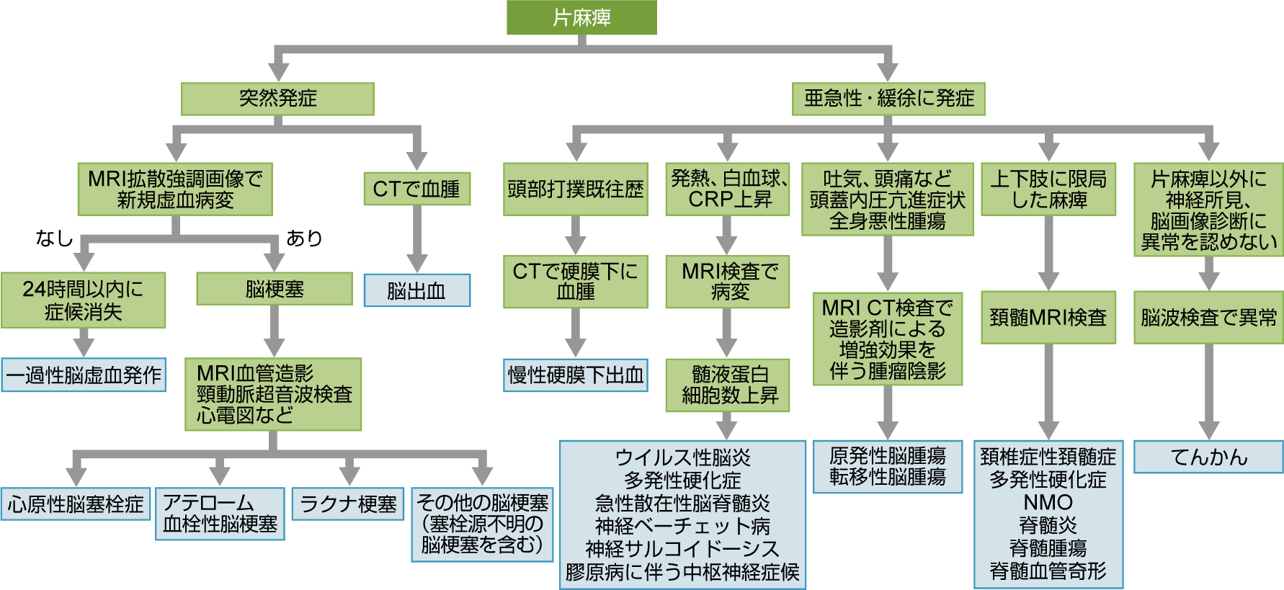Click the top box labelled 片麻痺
click(581, 17)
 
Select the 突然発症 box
click(277, 99)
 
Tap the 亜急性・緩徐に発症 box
click(888, 99)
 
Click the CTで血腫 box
click(416, 189)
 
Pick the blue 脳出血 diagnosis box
click(416, 290)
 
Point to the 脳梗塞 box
click(275, 289)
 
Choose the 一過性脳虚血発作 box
click(84, 375)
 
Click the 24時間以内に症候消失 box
click(83, 300)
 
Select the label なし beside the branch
click(54, 238)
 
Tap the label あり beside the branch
click(304, 238)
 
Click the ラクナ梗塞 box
click(348, 504)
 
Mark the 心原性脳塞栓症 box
click(76, 504)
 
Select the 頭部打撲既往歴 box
click(575, 189)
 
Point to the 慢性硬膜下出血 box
click(575, 375)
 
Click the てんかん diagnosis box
click(1208, 457)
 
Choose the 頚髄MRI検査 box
click(1048, 317)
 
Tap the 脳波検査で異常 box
click(1208, 317)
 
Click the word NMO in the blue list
click(1048, 502)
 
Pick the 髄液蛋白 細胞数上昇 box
click(728, 385)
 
